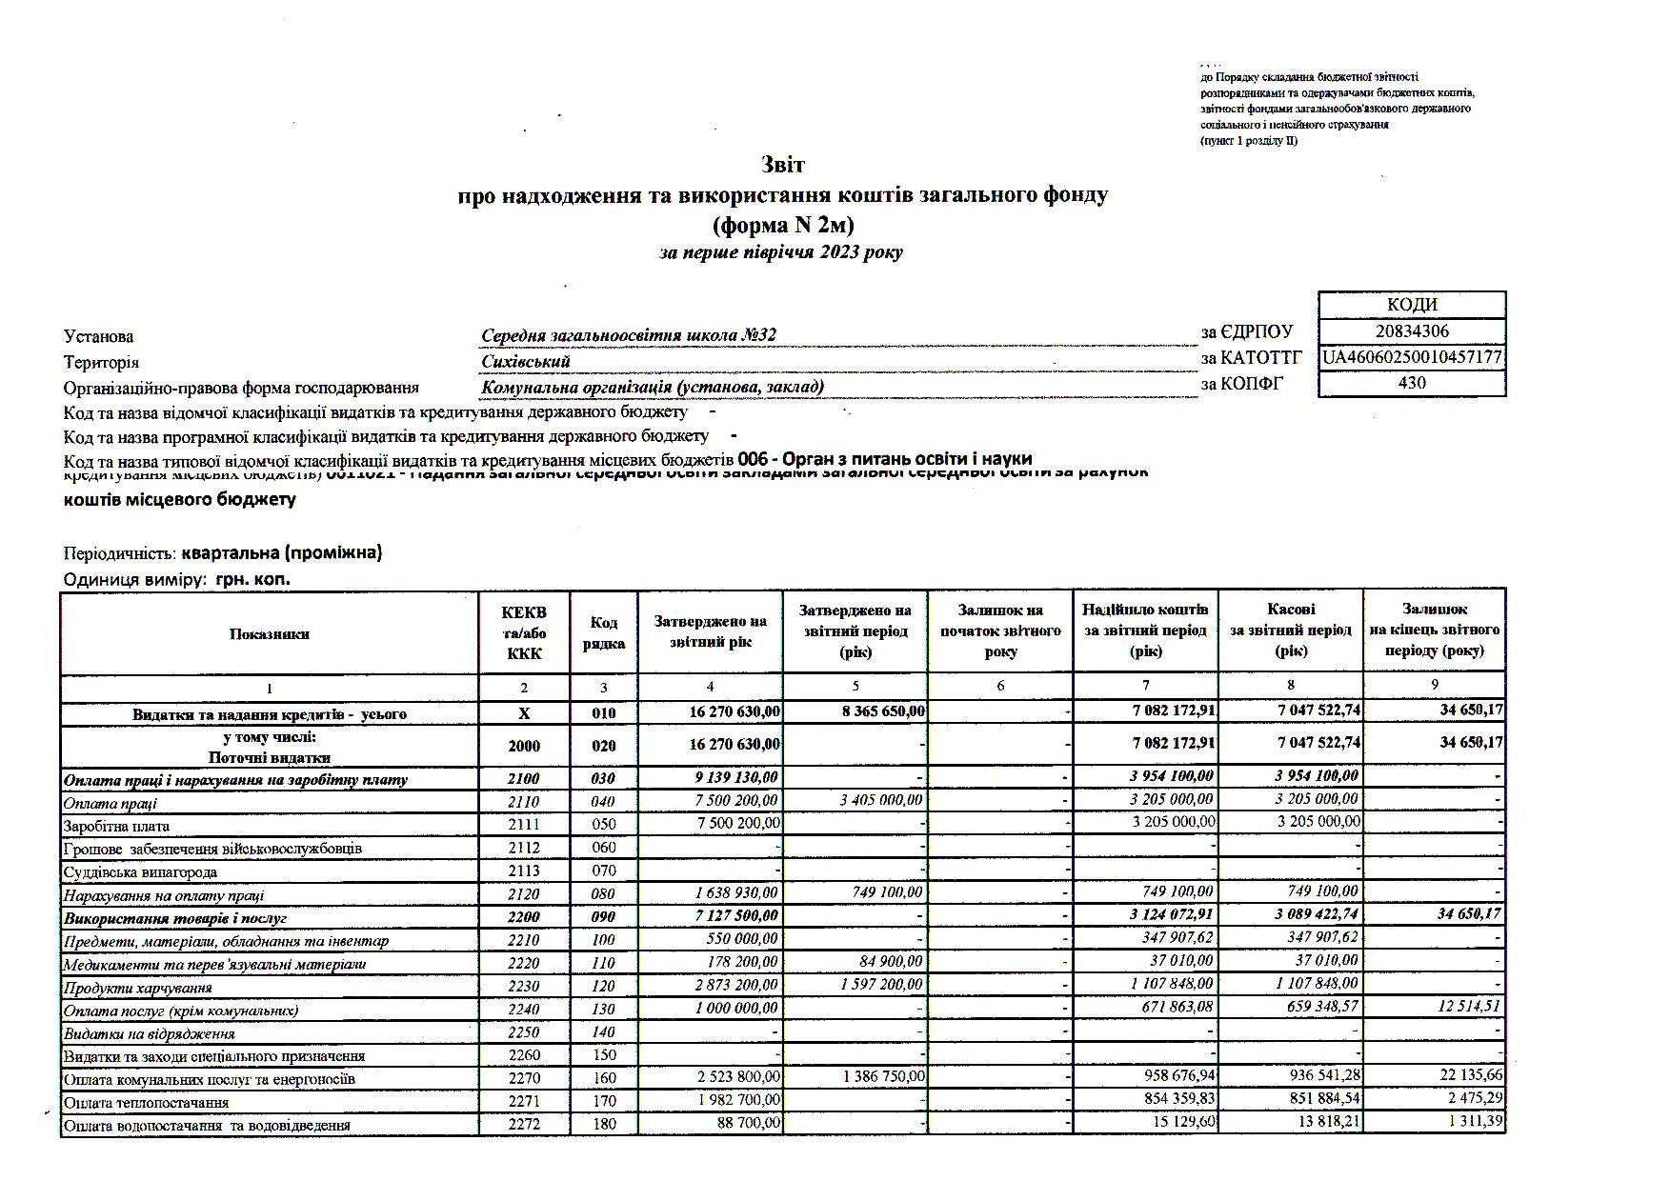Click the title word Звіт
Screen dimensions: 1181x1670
[783, 165]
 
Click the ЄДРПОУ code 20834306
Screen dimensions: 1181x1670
[1412, 331]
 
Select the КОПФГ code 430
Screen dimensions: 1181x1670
[1412, 383]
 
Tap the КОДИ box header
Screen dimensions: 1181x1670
[1412, 305]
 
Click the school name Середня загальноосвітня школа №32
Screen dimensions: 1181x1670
[629, 335]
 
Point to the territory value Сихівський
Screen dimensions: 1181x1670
[526, 361]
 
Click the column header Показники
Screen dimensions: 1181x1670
[269, 633]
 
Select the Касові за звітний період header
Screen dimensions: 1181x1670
[1291, 630]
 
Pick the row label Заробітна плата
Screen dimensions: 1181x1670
[116, 826]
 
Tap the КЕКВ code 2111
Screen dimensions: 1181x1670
[523, 825]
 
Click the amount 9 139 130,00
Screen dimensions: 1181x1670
[733, 778]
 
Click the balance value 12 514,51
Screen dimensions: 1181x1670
[1464, 1008]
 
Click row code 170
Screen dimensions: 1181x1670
[604, 1101]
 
